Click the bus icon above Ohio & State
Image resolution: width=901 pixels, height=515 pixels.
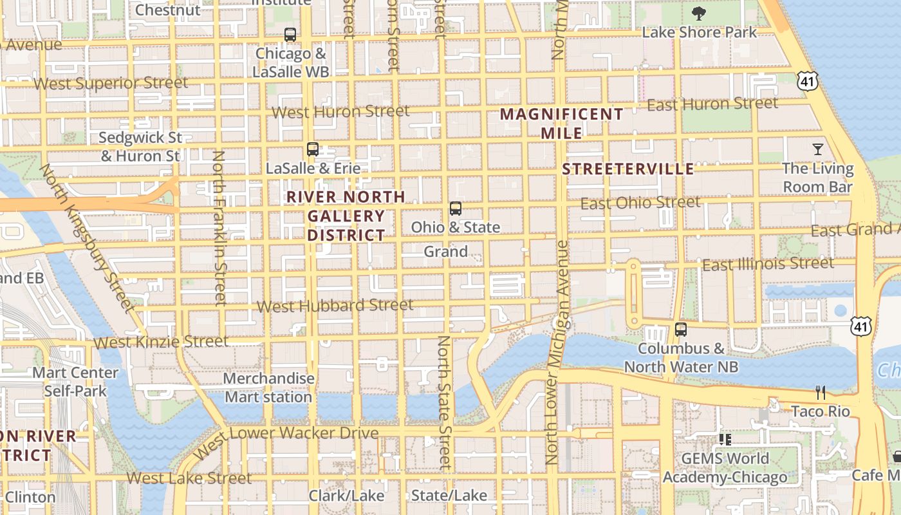pos(455,209)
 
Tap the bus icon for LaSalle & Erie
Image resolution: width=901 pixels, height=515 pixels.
pos(313,149)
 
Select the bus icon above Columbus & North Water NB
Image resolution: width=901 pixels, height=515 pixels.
pos(681,330)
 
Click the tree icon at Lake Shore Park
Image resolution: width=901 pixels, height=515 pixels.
pos(698,13)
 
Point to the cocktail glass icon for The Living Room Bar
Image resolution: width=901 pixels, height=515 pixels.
pos(817,149)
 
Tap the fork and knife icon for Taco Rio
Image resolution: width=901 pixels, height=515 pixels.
pos(820,392)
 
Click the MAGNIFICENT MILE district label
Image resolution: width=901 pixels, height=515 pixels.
pos(561,124)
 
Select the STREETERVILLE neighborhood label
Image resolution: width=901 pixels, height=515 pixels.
pos(628,169)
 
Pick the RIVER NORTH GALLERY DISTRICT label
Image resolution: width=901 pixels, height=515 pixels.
pos(346,216)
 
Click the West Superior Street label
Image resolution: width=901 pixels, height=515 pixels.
pos(111,83)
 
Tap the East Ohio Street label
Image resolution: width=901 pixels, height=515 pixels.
pos(640,203)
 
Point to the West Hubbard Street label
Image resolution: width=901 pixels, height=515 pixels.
pos(335,305)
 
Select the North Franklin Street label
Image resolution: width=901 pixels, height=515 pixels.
pos(219,227)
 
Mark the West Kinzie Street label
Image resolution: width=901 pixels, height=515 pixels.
pos(161,342)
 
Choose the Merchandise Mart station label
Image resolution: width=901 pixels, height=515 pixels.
pos(268,388)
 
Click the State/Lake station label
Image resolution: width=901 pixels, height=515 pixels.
pos(449,496)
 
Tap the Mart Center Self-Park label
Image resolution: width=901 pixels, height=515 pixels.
pos(75,382)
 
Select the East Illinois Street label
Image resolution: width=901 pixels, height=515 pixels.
pos(767,264)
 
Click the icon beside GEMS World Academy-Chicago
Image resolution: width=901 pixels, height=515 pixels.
pos(725,440)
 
